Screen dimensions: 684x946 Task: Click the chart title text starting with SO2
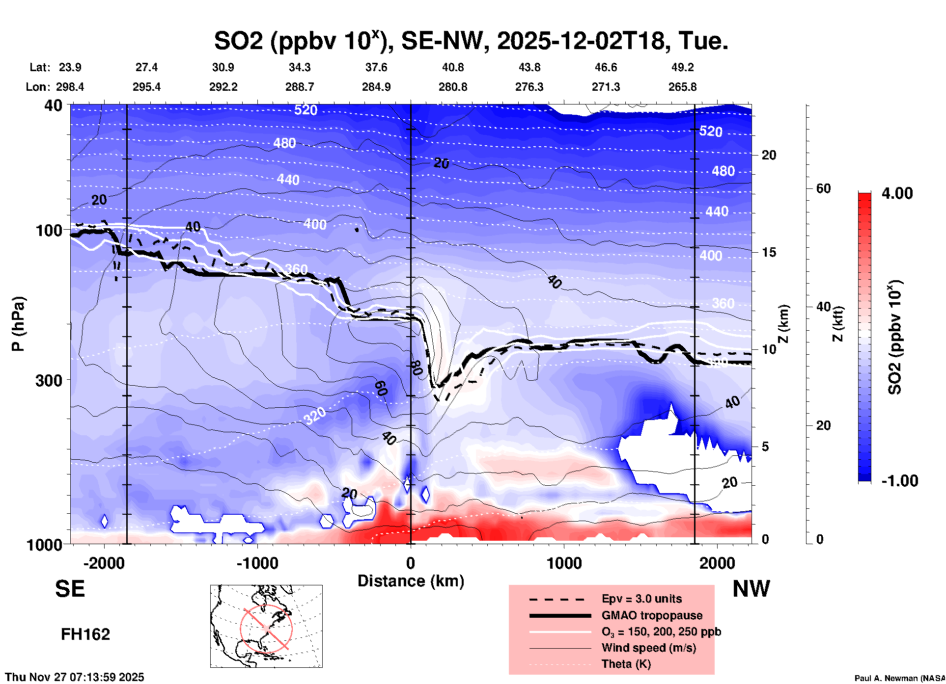(471, 41)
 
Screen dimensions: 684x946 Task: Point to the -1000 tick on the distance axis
(257, 563)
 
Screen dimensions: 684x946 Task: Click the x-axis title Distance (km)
(411, 581)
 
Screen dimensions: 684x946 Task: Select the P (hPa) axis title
(18, 324)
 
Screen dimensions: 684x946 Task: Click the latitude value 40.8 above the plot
(452, 67)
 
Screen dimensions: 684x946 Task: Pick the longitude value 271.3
(606, 87)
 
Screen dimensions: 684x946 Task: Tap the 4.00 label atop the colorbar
(897, 193)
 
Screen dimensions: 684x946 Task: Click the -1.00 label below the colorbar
(899, 481)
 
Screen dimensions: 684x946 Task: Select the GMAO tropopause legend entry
(652, 615)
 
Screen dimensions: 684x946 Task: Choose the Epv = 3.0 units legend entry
(641, 599)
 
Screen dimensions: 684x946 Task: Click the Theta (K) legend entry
(626, 664)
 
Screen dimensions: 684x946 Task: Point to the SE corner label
(70, 589)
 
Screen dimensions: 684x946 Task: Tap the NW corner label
(751, 589)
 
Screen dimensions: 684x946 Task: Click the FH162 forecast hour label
(85, 634)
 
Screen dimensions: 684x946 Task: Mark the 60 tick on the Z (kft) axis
(823, 188)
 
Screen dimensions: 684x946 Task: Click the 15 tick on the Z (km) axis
(769, 252)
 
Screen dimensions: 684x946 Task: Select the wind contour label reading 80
(416, 368)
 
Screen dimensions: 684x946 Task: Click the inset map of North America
(266, 626)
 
